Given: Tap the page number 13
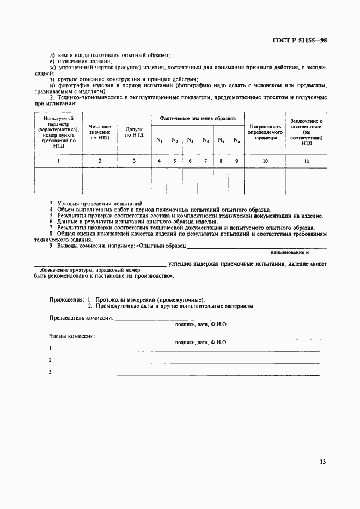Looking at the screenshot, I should (323, 462).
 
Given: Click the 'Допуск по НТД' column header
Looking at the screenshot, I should (134, 132).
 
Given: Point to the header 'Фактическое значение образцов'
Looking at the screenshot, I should (198, 118).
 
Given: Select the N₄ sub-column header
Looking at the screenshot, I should (205, 140).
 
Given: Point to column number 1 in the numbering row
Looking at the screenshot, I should (58, 161).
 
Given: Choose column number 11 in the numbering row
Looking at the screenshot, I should (307, 161).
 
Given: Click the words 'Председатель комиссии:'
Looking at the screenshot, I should (81, 317).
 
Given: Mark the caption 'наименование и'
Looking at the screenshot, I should (291, 253).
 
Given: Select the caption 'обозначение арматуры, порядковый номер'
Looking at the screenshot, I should (90, 270).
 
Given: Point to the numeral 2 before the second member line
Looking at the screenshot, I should (50, 360).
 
